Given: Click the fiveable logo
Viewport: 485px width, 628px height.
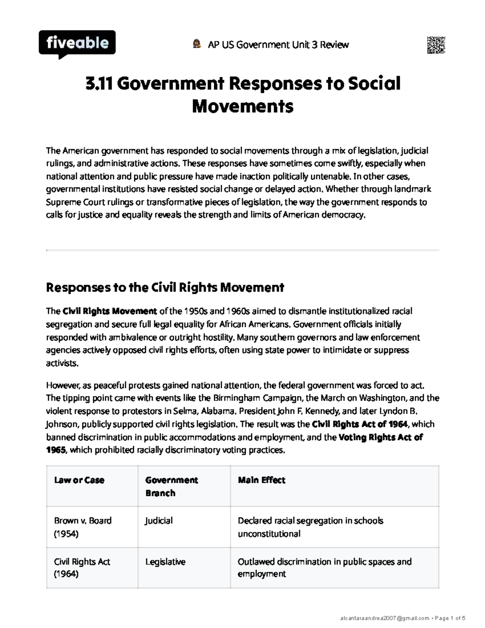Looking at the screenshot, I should (x=77, y=43).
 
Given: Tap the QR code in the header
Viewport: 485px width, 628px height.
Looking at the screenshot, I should (x=436, y=45).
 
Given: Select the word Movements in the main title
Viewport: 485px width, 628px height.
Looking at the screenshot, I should (x=242, y=107).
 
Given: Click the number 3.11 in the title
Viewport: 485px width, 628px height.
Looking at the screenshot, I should (x=99, y=84).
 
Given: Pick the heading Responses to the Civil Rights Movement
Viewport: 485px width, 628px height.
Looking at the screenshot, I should (x=165, y=288).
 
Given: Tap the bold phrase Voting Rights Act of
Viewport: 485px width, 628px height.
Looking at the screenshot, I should (x=380, y=437).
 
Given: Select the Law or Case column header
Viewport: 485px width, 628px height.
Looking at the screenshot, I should (x=79, y=480).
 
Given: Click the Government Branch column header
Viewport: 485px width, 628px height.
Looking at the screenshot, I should (x=171, y=486).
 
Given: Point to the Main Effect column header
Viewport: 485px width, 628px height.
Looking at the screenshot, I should (x=261, y=480).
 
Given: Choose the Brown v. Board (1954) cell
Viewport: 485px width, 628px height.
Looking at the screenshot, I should (x=82, y=527).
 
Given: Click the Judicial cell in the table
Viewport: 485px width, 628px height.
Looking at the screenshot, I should (x=159, y=520).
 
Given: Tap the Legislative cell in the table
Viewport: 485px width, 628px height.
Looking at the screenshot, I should (x=165, y=562).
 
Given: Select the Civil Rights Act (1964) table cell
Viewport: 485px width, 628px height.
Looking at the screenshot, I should (x=82, y=568).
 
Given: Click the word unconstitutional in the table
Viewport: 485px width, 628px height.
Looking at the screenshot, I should (x=269, y=534).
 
